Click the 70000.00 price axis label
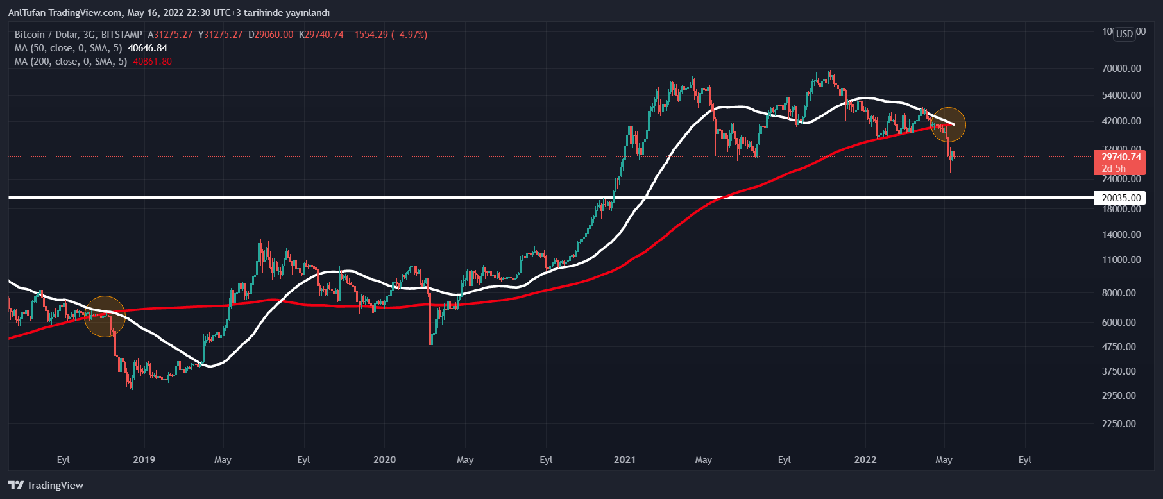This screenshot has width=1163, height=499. [x=1121, y=69]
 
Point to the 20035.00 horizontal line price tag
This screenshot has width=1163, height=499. [x=1121, y=198]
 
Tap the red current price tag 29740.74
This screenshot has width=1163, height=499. [x=1121, y=157]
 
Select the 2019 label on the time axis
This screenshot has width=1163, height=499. [x=144, y=460]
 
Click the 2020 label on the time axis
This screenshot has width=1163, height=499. [x=384, y=460]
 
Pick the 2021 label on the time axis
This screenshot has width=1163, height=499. [x=624, y=460]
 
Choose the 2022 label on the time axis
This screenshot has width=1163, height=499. [x=865, y=460]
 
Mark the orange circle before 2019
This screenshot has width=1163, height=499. [x=105, y=316]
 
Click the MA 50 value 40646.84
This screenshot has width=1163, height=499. [x=148, y=48]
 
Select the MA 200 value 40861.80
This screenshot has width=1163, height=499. [x=152, y=62]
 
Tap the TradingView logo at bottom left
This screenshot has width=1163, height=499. [x=46, y=485]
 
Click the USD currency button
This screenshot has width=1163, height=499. [x=1124, y=33]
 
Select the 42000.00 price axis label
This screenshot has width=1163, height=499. [x=1121, y=121]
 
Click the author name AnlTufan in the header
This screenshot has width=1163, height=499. [x=26, y=13]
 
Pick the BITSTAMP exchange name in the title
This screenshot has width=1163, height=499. [x=121, y=35]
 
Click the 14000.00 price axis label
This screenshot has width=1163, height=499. [x=1121, y=235]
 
